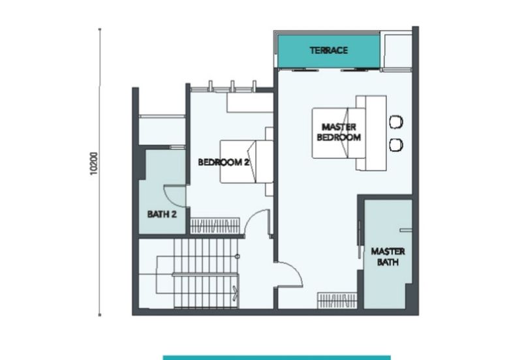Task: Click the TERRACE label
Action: point(329,51)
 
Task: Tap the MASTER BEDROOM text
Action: point(339,132)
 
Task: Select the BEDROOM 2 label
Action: point(223,162)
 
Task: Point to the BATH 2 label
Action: point(162,215)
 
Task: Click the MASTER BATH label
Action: point(388,256)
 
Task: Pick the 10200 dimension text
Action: point(94,163)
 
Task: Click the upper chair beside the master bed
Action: point(396,122)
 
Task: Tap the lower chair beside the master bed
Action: point(396,145)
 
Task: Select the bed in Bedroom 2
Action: point(247,162)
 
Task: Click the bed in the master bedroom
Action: point(338,133)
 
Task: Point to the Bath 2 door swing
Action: point(174,196)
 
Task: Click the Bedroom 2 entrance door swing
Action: point(257,222)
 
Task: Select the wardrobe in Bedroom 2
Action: point(215,226)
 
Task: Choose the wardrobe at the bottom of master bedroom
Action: point(337,300)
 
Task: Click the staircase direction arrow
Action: point(236,292)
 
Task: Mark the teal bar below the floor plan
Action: point(277,358)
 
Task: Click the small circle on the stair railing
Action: point(238,256)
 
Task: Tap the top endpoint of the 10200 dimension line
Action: point(100,29)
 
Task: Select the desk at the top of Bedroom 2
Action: point(250,102)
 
